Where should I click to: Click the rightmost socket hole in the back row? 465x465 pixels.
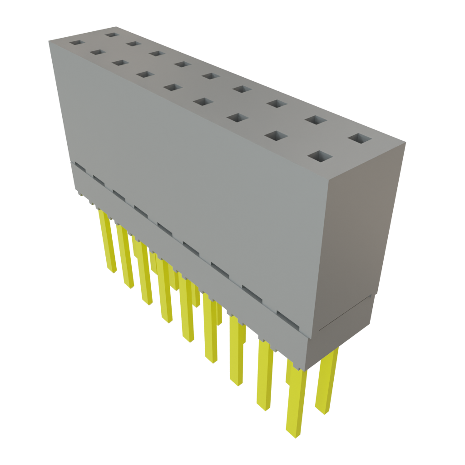click(360, 139)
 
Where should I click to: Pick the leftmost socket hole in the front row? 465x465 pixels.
click(77, 43)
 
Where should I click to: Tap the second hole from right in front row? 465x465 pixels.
click(276, 135)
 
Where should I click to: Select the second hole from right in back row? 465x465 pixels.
click(316, 120)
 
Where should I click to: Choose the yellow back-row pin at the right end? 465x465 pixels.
click(326, 381)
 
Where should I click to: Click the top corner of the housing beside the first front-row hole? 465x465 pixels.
click(49, 40)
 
